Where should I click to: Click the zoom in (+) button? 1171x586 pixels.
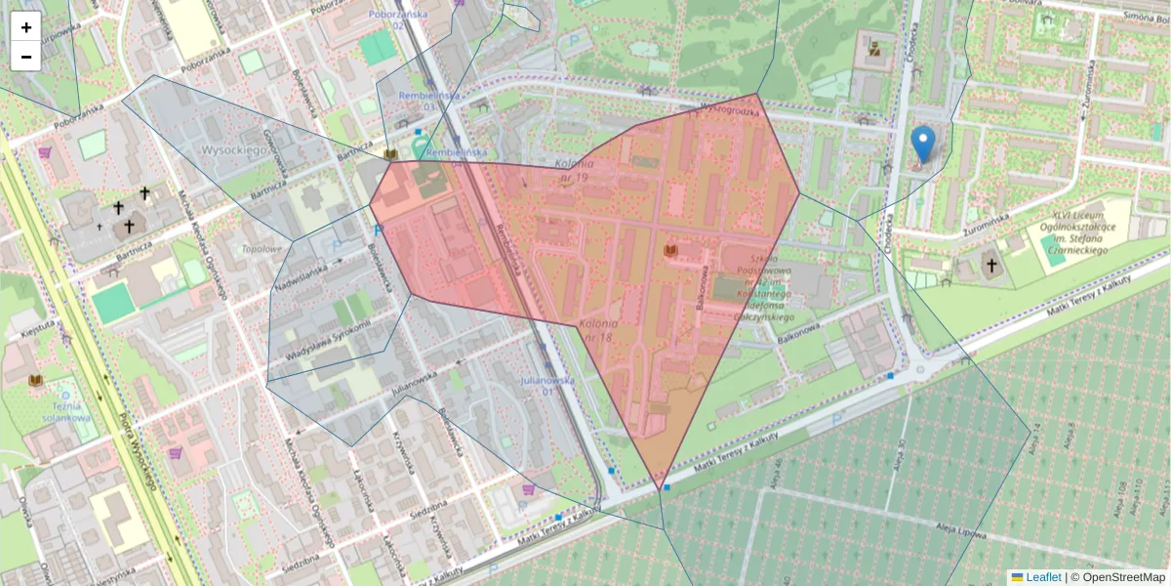[26, 27]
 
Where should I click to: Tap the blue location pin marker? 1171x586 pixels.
[922, 145]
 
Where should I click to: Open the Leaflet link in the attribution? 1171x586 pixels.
[1042, 577]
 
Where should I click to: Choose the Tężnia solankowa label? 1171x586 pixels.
[66, 411]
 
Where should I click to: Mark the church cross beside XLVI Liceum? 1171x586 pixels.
[991, 265]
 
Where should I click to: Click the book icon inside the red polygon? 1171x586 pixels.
[670, 252]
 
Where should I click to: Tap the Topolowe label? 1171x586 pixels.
[261, 249]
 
